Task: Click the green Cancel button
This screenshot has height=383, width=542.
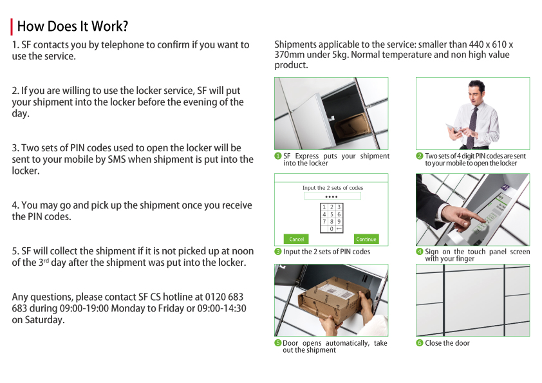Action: (x=296, y=239)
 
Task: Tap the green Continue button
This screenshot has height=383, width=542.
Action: (x=366, y=239)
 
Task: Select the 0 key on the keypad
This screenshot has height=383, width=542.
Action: (x=332, y=229)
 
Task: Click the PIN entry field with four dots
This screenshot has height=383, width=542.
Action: (x=332, y=196)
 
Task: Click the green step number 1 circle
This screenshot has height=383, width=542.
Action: (x=278, y=156)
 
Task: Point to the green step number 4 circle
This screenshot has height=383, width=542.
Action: (x=420, y=251)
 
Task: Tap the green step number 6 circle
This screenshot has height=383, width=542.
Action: (x=420, y=343)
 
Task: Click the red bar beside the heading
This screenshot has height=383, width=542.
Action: (x=12, y=26)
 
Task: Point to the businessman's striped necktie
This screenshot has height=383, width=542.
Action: (x=471, y=127)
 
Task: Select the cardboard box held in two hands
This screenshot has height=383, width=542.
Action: (x=333, y=297)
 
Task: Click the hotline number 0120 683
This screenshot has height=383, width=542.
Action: (x=224, y=297)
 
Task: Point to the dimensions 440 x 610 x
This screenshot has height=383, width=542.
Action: (x=491, y=44)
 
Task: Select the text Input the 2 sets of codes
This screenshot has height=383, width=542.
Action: (x=333, y=188)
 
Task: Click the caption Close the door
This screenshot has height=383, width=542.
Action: (x=447, y=343)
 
